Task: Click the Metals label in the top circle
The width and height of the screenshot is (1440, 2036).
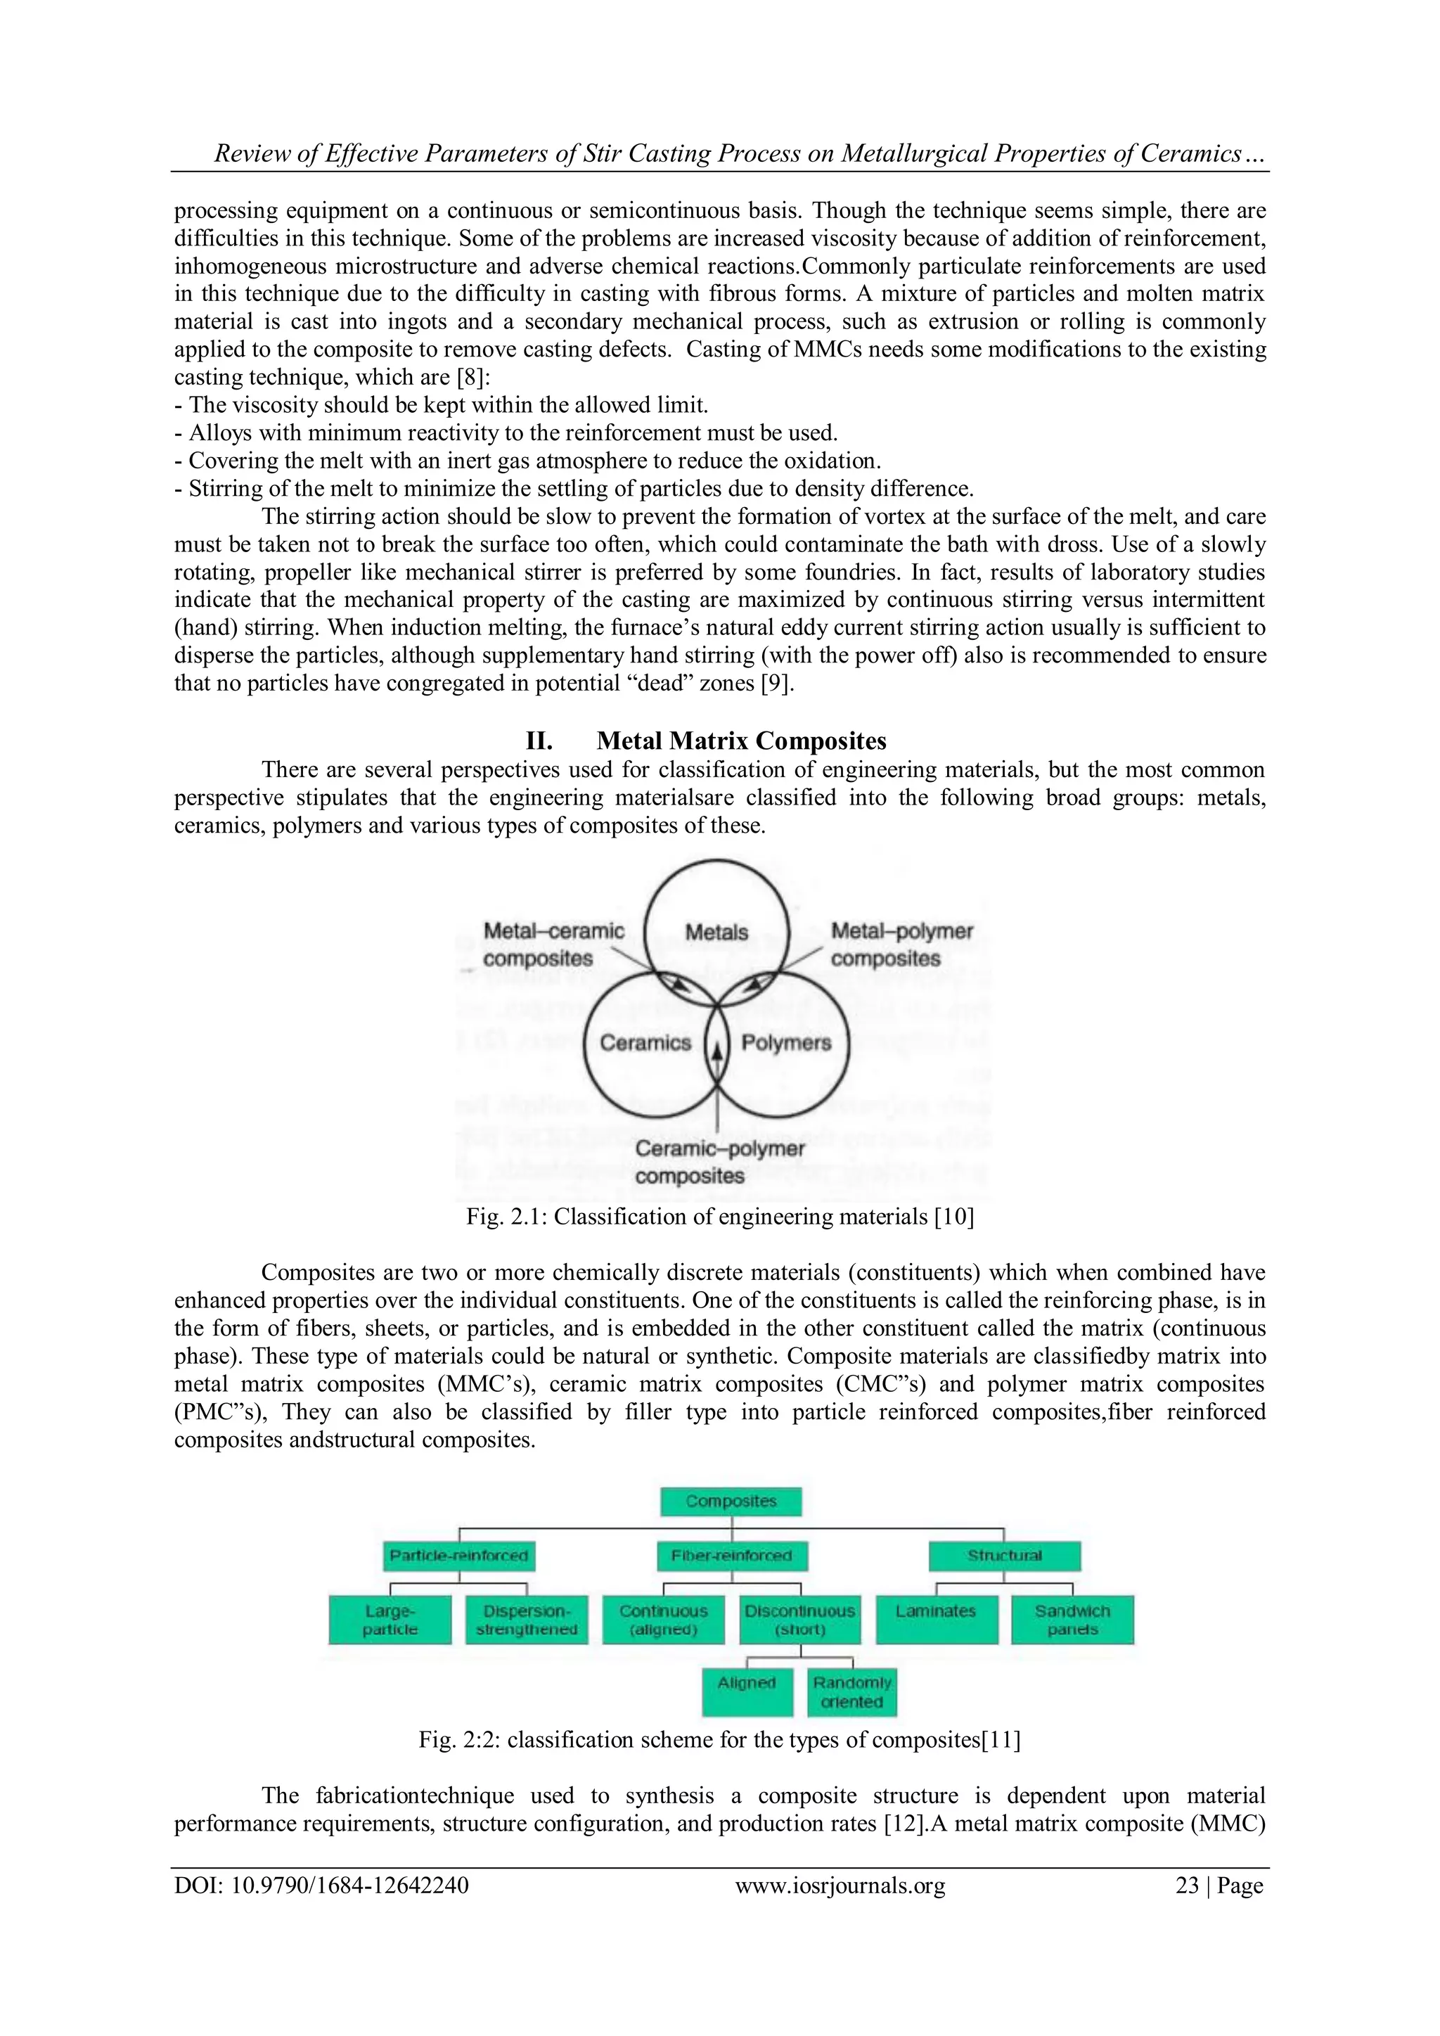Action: (716, 932)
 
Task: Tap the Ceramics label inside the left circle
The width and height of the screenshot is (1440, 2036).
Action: (645, 1043)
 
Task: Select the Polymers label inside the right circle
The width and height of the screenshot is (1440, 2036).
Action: (785, 1043)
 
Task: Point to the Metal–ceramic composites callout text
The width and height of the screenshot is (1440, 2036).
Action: (553, 945)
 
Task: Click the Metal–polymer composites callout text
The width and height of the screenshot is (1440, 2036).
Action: (901, 945)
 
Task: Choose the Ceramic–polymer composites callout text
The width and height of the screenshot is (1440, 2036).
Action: (719, 1162)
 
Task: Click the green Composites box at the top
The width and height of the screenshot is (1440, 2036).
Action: (731, 1502)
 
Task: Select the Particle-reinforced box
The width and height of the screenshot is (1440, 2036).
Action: (459, 1556)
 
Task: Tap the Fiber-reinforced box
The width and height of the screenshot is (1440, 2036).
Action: (731, 1556)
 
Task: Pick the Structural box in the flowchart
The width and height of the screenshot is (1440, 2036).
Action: (1005, 1556)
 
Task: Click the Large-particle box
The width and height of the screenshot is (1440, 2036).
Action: (390, 1620)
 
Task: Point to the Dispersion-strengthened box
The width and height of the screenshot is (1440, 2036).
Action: (527, 1620)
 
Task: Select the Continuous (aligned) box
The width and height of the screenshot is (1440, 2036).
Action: (663, 1620)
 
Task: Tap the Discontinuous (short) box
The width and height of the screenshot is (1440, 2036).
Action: (799, 1620)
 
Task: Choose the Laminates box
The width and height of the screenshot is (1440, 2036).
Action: (937, 1620)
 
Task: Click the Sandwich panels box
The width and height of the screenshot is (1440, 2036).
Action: (1073, 1620)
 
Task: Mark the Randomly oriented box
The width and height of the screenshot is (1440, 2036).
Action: (852, 1692)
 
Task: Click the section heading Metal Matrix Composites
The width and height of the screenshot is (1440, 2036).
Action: (741, 741)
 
